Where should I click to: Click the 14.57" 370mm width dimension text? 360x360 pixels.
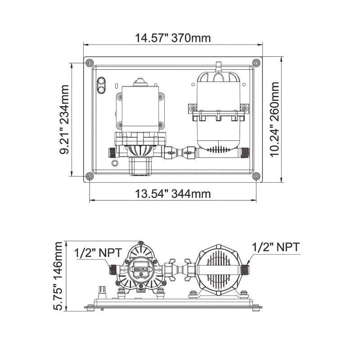coord(173,38)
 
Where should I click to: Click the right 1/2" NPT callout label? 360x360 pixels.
coord(275,247)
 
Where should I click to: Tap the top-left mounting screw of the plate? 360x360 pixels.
coord(89,62)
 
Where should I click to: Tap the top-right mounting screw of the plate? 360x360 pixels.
coord(256,62)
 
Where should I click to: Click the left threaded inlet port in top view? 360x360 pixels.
coord(112,152)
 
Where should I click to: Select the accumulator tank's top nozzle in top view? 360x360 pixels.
coord(219,67)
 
